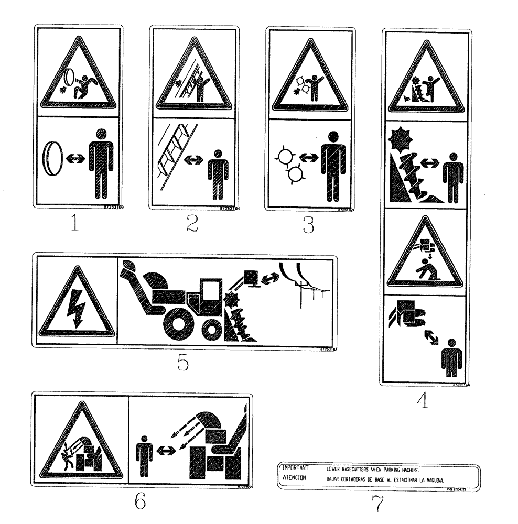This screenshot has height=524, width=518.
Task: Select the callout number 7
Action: click(376, 504)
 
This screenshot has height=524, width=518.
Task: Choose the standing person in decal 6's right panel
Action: click(144, 452)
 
